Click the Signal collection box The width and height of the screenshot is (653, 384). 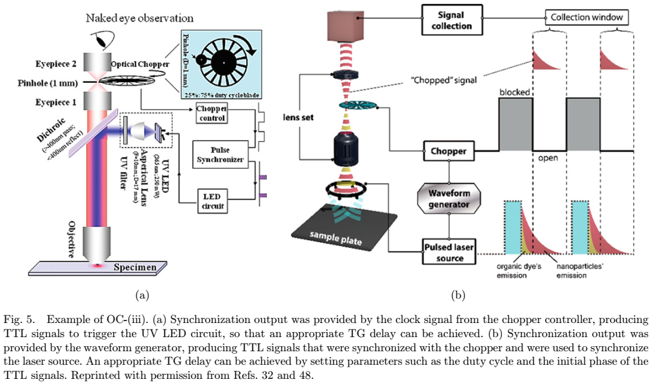click(x=451, y=20)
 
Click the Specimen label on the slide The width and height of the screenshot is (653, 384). click(x=134, y=267)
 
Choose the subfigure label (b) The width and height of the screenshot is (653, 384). click(x=458, y=295)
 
